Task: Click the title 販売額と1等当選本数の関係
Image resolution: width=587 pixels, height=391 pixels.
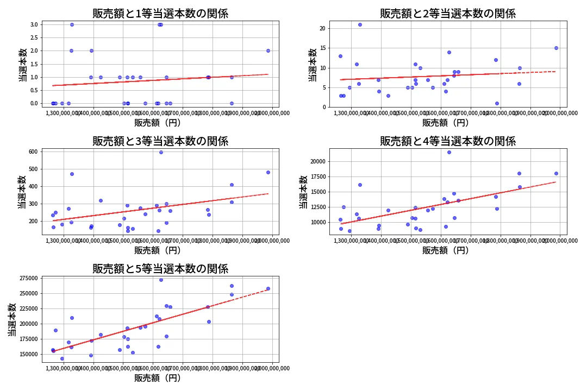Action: (160, 14)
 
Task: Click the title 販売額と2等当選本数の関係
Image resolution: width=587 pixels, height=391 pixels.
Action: (448, 14)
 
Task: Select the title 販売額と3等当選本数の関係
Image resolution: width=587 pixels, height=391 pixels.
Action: (160, 141)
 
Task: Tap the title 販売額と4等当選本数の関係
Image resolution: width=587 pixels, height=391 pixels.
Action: (448, 141)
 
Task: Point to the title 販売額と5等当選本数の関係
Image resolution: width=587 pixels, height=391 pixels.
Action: (160, 268)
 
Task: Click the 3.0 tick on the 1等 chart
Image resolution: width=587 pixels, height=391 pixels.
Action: (33, 24)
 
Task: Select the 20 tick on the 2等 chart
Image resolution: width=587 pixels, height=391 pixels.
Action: (322, 28)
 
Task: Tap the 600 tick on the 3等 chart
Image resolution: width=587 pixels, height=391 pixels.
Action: (32, 152)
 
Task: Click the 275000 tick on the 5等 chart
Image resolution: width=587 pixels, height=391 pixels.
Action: (27, 278)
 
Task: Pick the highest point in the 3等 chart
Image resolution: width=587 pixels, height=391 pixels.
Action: (161, 152)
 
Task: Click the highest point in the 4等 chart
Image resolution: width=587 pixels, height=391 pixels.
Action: (449, 152)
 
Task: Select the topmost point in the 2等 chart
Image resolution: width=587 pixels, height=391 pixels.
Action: (360, 24)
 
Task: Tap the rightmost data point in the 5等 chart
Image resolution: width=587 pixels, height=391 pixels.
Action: (268, 288)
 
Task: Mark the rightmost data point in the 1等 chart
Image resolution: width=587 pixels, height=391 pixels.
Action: (268, 51)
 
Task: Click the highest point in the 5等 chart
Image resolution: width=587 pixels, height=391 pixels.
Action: (161, 280)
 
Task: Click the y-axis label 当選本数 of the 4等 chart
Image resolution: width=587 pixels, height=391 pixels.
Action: (303, 192)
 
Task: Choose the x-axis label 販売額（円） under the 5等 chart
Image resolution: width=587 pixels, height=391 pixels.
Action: (158, 378)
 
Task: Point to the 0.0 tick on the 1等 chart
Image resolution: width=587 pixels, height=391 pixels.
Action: (33, 103)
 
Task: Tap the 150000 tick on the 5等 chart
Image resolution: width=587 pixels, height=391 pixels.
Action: (27, 354)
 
